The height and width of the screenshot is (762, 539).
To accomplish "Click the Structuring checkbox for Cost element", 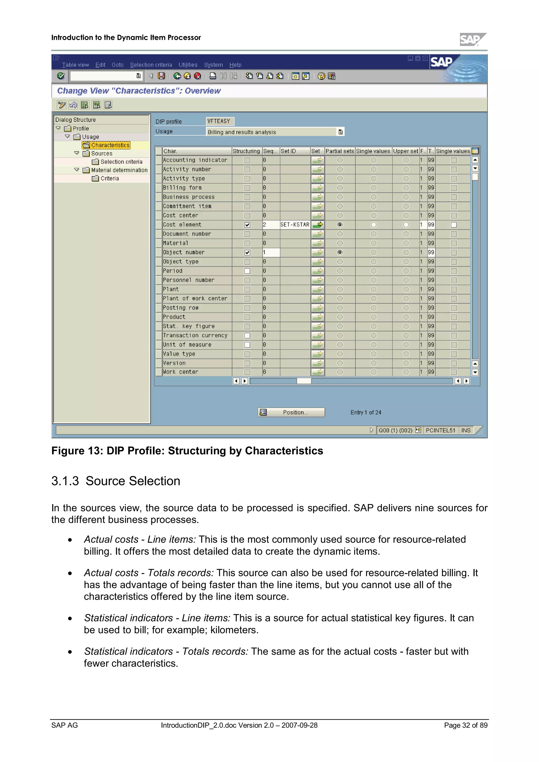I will tap(247, 225).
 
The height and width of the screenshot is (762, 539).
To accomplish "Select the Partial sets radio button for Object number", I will tap(340, 252).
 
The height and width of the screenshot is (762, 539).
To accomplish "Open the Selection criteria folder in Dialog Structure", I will tap(121, 162).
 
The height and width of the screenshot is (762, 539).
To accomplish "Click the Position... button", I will tap(291, 412).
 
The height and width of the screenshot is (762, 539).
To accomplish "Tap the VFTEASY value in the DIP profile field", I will tap(219, 121).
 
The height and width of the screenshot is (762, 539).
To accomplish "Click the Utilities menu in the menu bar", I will tap(188, 65).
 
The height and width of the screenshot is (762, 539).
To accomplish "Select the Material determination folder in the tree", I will tap(119, 170).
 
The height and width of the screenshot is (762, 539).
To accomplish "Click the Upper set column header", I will tap(406, 151).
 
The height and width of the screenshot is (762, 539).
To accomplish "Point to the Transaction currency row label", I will tap(195, 336).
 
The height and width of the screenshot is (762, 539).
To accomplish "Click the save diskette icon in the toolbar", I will tap(161, 76).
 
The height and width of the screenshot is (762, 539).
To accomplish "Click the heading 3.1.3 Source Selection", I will tap(116, 481).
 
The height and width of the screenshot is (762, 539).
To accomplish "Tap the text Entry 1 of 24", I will tap(366, 412).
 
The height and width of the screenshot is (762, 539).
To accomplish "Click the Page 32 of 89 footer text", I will tap(466, 725).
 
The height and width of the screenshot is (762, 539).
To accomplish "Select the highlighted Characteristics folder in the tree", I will tap(110, 145).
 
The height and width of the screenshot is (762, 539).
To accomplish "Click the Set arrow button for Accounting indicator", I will tap(318, 160).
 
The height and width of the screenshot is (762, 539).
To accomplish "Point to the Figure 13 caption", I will tap(187, 451).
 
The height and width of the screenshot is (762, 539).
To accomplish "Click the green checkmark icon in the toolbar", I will tap(61, 76).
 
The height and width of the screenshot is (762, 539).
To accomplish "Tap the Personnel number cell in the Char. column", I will tap(189, 280).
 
